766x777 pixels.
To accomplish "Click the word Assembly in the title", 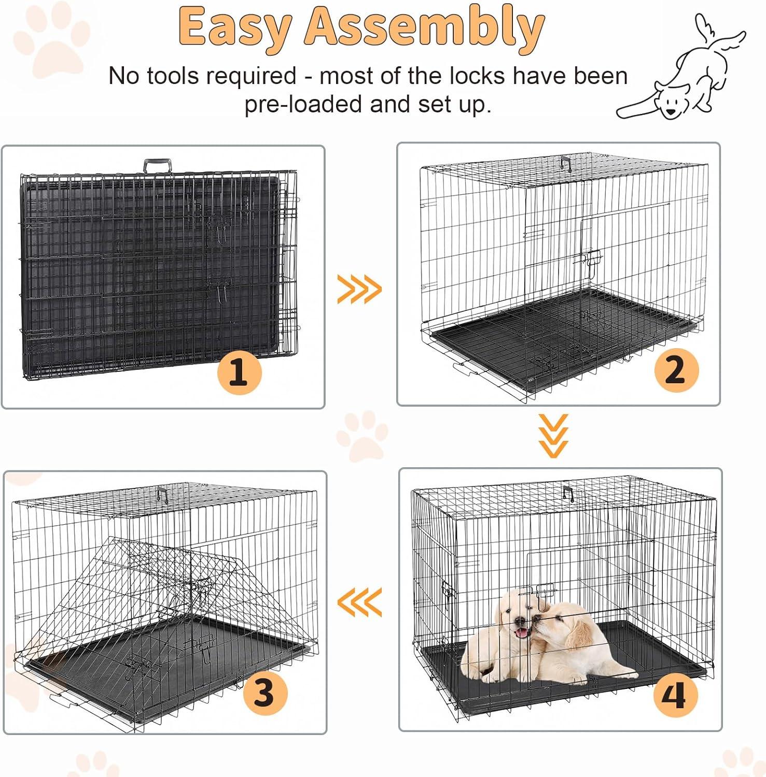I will pos(424,27).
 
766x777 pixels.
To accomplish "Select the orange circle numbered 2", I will pos(676,369).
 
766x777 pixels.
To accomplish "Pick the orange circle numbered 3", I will pos(265,693).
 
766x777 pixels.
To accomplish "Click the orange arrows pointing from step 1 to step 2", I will pos(359,289).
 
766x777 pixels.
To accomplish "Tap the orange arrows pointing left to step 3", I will pos(359,602).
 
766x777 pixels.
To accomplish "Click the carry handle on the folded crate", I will pos(157,166).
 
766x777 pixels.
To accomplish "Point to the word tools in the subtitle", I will pos(169,76).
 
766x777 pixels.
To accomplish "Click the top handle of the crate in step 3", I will pos(163,494).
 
